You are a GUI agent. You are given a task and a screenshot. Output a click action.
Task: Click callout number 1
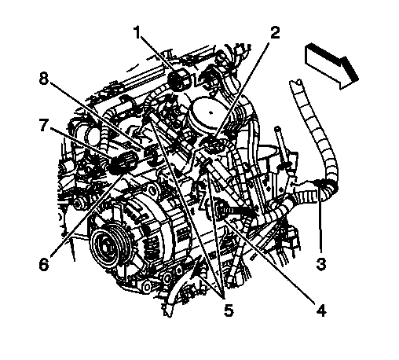[137, 32]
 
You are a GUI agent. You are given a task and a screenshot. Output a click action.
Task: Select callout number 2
[275, 32]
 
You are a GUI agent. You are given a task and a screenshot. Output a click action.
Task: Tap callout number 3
[321, 263]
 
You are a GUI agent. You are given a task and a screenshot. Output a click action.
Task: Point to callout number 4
[321, 310]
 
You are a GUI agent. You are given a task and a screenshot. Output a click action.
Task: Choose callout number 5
[229, 310]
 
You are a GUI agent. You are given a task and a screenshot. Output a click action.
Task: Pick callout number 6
[44, 264]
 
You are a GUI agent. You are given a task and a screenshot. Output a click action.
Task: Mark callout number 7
[44, 125]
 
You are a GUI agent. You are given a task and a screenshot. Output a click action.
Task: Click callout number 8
[44, 78]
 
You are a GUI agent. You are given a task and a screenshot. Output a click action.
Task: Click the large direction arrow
[331, 66]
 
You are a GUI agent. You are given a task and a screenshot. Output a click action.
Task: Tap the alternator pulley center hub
[107, 246]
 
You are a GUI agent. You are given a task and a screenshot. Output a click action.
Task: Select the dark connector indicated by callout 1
[179, 79]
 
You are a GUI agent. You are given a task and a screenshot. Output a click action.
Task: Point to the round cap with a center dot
[210, 112]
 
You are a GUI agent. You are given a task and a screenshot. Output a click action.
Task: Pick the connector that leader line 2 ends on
[214, 145]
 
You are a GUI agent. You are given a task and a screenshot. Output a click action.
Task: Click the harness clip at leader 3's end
[320, 183]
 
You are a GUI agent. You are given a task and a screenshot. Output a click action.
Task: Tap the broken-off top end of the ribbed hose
[296, 83]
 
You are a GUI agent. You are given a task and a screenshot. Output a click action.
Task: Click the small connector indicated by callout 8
[152, 155]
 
